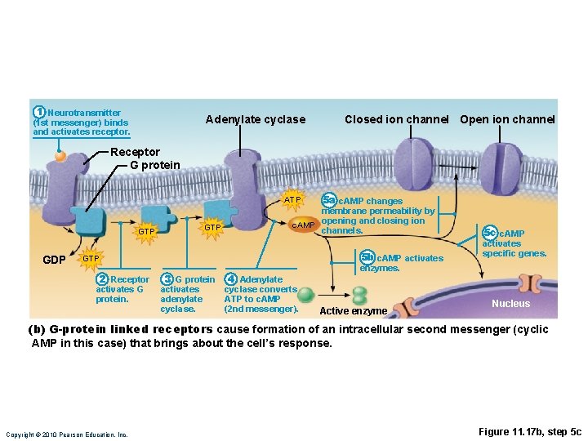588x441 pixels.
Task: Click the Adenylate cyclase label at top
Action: click(256, 120)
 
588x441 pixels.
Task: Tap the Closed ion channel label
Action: click(396, 120)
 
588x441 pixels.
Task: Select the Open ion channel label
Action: click(507, 120)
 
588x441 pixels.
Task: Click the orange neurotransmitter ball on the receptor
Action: click(60, 155)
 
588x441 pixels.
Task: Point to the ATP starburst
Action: click(292, 200)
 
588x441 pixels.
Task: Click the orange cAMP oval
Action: click(303, 225)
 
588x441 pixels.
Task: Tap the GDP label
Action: click(54, 260)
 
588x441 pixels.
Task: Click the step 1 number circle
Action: click(38, 112)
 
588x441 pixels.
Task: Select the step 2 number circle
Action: click(102, 279)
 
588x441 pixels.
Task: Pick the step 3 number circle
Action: click(167, 279)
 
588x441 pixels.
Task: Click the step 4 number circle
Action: click(231, 279)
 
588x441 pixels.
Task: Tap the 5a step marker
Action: click(328, 200)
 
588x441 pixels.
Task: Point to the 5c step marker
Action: click(489, 234)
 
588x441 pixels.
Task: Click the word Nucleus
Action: click(510, 304)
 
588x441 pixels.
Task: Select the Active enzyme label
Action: click(353, 311)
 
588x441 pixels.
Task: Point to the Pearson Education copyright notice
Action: click(67, 434)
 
